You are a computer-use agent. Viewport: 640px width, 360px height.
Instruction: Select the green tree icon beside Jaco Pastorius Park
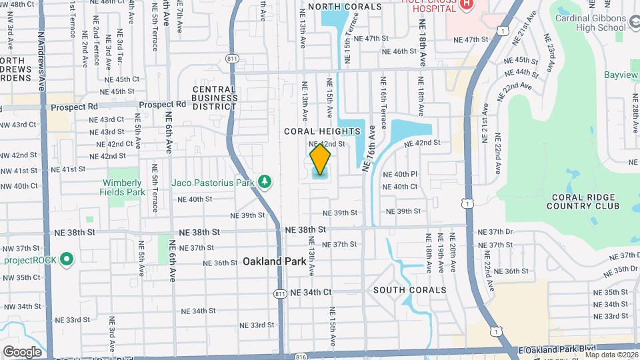265,181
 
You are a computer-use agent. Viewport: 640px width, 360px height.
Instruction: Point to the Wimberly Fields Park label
122,187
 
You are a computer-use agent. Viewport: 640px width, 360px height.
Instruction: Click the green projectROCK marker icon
66,259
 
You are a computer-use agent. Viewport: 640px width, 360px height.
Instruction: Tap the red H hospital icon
466,4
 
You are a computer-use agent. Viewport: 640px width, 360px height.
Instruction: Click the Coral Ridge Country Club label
585,201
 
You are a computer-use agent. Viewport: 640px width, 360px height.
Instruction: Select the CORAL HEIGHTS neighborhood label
322,131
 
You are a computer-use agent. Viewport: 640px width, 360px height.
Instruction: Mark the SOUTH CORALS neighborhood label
409,290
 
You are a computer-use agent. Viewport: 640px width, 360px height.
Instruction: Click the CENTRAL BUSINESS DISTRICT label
215,98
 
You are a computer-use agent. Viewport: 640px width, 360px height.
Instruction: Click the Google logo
22,351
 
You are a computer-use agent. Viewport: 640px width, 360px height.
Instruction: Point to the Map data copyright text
611,355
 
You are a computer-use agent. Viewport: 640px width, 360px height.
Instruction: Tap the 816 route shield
301,357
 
